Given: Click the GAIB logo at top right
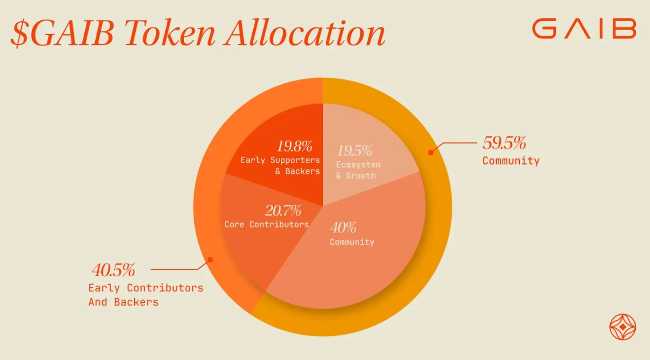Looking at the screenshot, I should (x=584, y=29).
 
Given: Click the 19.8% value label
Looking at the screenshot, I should (x=294, y=146).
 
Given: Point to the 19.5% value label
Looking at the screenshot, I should (x=354, y=151).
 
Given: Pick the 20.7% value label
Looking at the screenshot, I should (x=283, y=210).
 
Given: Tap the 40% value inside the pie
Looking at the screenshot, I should (x=343, y=228).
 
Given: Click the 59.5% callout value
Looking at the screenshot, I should (x=504, y=142).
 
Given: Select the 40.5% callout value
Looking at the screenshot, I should (x=113, y=270).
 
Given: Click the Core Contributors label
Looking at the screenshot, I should (x=267, y=224).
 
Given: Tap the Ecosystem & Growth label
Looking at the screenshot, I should (x=358, y=170).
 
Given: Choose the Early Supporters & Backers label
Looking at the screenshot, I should (x=280, y=166).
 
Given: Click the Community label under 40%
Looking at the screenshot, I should (x=352, y=242).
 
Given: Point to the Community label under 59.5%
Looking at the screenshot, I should (x=511, y=161).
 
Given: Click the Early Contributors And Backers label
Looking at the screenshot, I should (x=145, y=295).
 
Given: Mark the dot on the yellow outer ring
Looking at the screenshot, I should (x=431, y=152).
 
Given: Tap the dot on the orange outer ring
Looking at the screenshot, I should (x=211, y=259).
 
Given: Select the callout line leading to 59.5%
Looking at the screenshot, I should (x=457, y=142).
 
